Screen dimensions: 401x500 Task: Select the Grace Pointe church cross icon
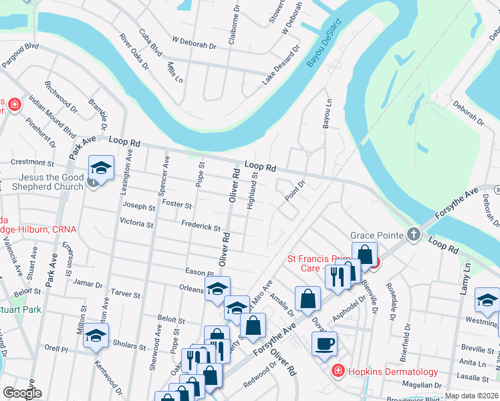pyautogui.click(x=414, y=235)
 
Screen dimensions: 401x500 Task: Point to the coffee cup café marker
pyautogui.click(x=325, y=344)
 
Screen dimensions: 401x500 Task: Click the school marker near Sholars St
pyautogui.click(x=96, y=336)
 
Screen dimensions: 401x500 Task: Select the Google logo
pyautogui.click(x=22, y=393)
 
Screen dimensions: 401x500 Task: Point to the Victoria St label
pyautogui.click(x=136, y=221)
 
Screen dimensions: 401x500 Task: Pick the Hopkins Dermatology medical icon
pyautogui.click(x=338, y=370)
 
